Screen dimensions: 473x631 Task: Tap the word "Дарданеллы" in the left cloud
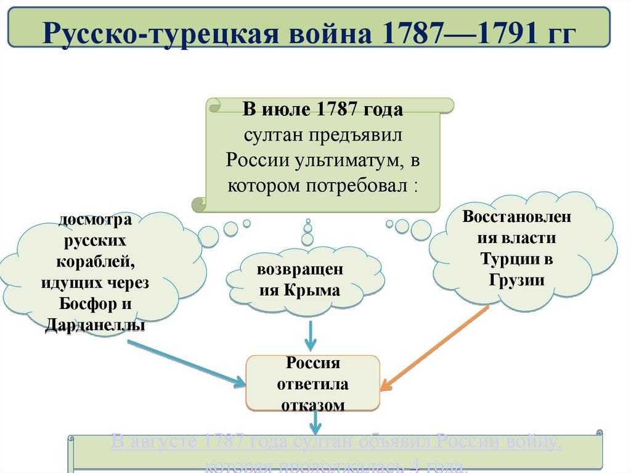tap(96, 324)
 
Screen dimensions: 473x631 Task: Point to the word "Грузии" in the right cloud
tap(517, 279)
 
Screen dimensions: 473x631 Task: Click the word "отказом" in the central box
tap(313, 405)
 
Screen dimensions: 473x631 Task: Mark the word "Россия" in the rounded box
tap(313, 363)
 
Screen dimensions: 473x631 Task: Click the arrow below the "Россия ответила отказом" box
tap(315, 423)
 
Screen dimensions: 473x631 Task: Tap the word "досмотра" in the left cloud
tap(96, 219)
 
